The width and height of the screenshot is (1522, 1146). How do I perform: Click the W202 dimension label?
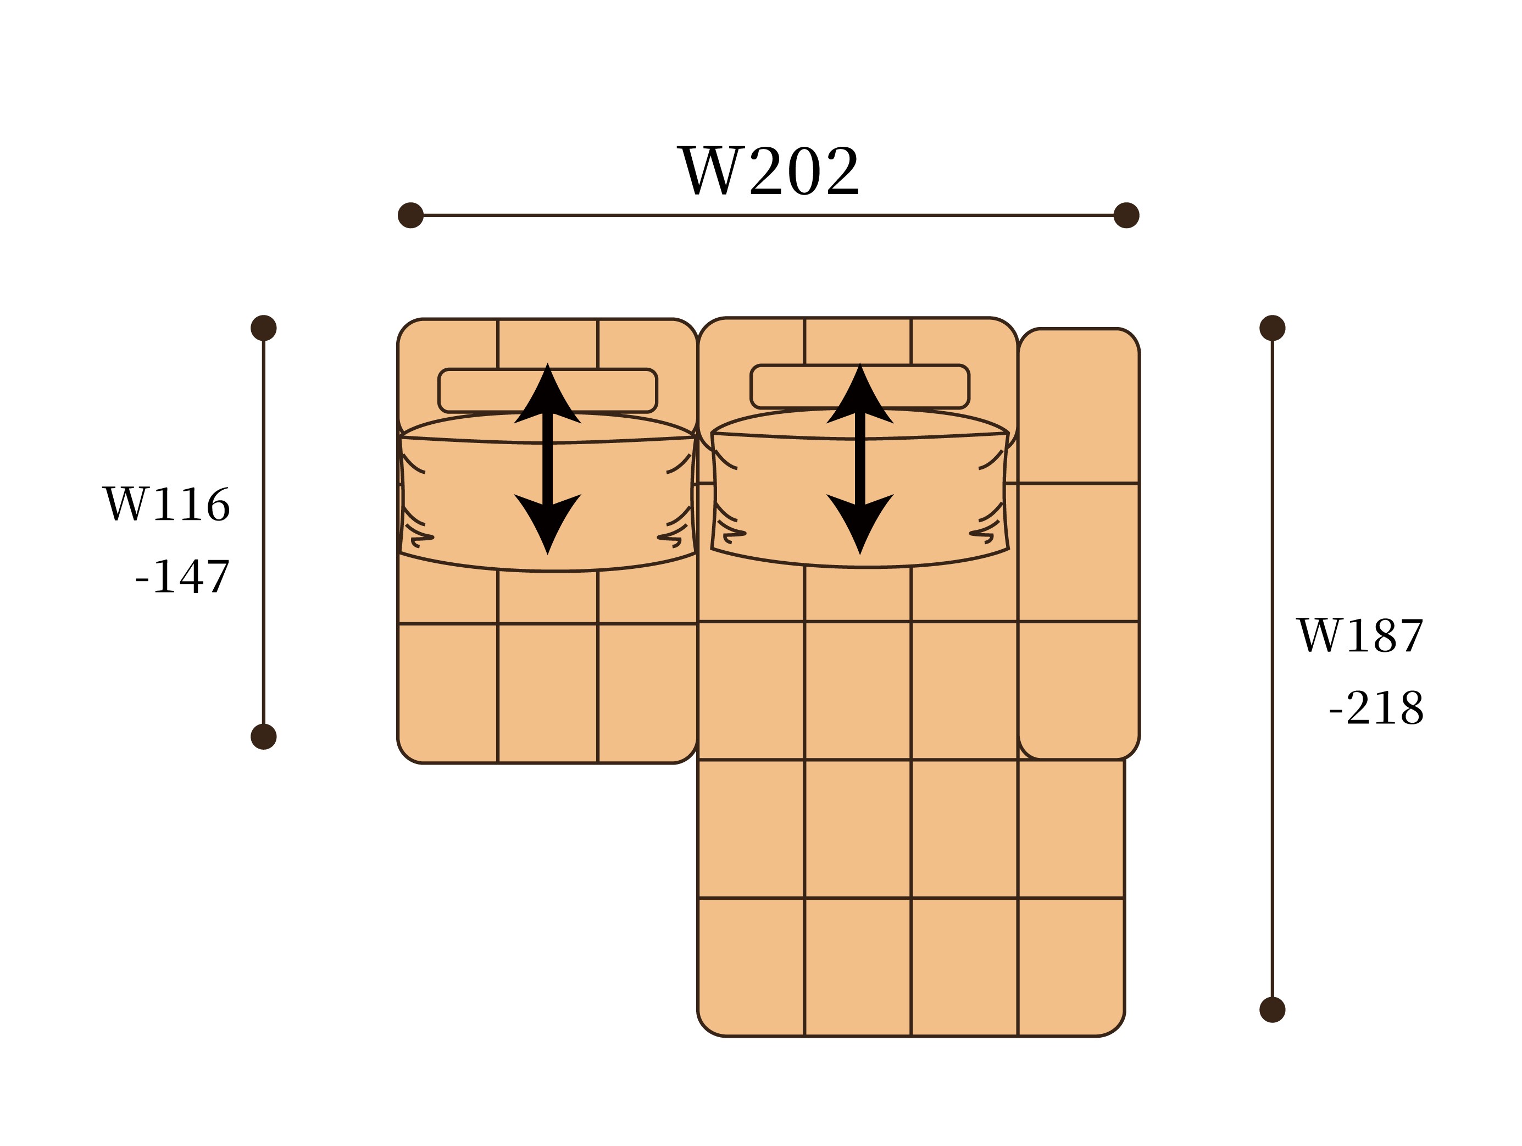click(x=769, y=171)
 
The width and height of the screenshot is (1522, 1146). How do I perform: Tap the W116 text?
click(x=166, y=505)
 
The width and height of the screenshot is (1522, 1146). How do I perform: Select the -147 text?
click(x=182, y=576)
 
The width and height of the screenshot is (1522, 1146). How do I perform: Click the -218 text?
click(x=1376, y=707)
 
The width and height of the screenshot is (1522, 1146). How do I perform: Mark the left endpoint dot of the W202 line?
click(x=411, y=215)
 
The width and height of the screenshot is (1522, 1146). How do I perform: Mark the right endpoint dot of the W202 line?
click(x=1126, y=215)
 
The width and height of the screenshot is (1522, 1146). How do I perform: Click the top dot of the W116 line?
click(x=264, y=328)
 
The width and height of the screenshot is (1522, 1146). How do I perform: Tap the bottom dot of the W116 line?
click(x=264, y=737)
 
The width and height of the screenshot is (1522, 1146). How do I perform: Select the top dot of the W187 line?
click(x=1272, y=328)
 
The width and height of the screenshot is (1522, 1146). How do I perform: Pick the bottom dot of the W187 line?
click(x=1272, y=1010)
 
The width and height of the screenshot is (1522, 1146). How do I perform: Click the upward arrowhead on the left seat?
click(x=548, y=396)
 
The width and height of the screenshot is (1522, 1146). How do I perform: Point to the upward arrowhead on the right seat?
click(x=860, y=396)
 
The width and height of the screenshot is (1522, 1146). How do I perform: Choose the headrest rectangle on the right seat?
click(x=791, y=386)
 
